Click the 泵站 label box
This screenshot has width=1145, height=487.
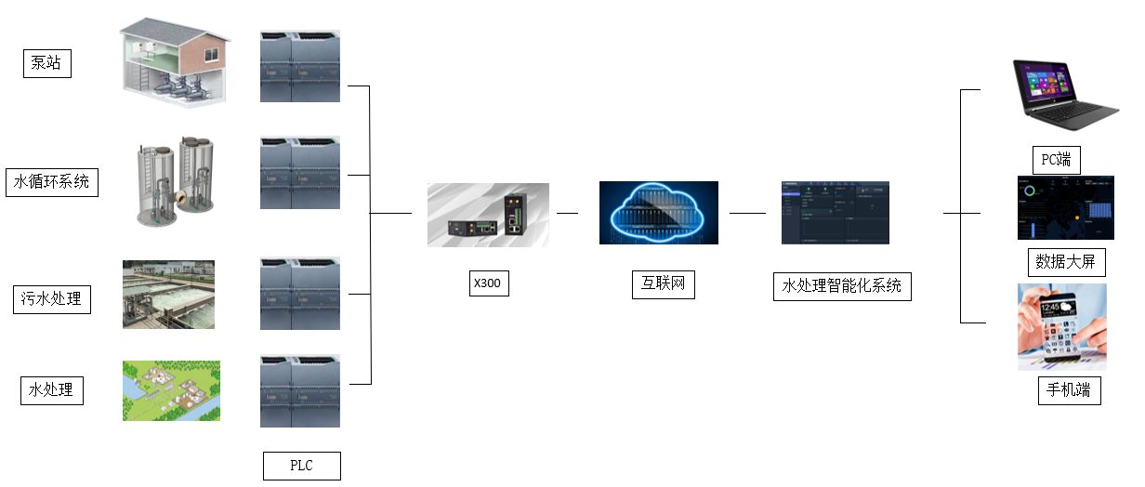click(x=46, y=63)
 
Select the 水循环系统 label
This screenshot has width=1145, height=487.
click(x=52, y=182)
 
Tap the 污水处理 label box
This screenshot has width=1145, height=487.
click(x=52, y=299)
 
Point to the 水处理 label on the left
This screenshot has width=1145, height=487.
click(x=52, y=390)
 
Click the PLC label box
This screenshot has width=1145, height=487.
click(x=301, y=466)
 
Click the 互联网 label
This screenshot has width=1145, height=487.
click(x=664, y=284)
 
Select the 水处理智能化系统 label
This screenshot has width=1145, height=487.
click(x=842, y=286)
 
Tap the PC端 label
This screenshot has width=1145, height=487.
click(x=1057, y=160)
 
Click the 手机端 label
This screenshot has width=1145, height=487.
click(x=1069, y=390)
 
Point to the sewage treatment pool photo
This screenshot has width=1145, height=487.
click(x=168, y=294)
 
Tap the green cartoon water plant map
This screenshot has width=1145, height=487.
click(x=171, y=390)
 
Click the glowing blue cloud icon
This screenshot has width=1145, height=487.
click(x=658, y=213)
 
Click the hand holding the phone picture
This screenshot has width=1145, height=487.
click(x=1061, y=327)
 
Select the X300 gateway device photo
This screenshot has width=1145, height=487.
click(x=488, y=215)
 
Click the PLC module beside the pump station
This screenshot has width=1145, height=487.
click(x=300, y=66)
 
